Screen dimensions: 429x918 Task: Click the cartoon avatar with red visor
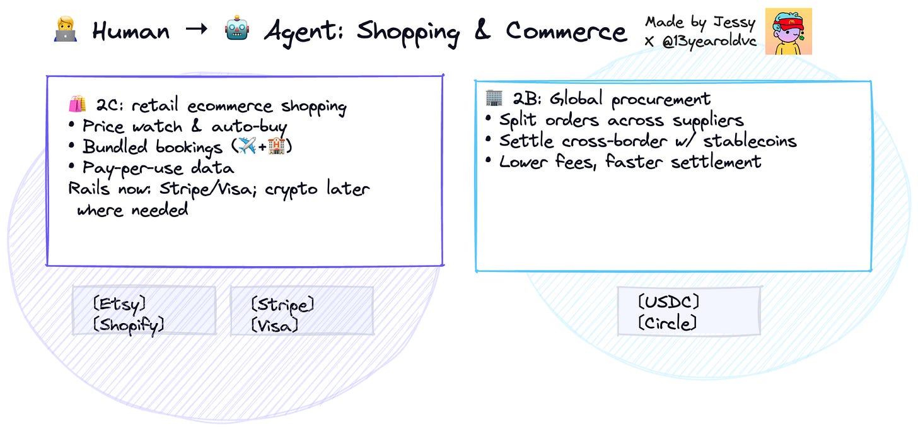(788, 31)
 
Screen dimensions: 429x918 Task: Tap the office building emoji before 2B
(494, 98)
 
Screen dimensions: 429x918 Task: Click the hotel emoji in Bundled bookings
(277, 147)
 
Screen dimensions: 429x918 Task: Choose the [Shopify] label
(129, 325)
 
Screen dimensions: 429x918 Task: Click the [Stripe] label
(282, 305)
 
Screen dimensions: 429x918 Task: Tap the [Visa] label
(274, 326)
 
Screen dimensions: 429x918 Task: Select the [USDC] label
(669, 302)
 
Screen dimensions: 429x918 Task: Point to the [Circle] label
(667, 323)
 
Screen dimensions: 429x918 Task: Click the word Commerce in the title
(566, 32)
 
